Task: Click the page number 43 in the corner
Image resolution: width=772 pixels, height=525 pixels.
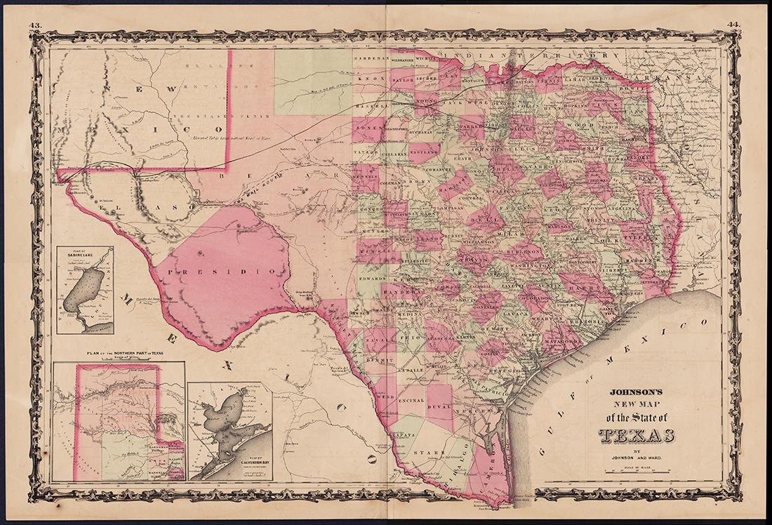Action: (x=35, y=27)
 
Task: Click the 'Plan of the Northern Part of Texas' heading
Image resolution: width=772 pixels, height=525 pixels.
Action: (x=118, y=354)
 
